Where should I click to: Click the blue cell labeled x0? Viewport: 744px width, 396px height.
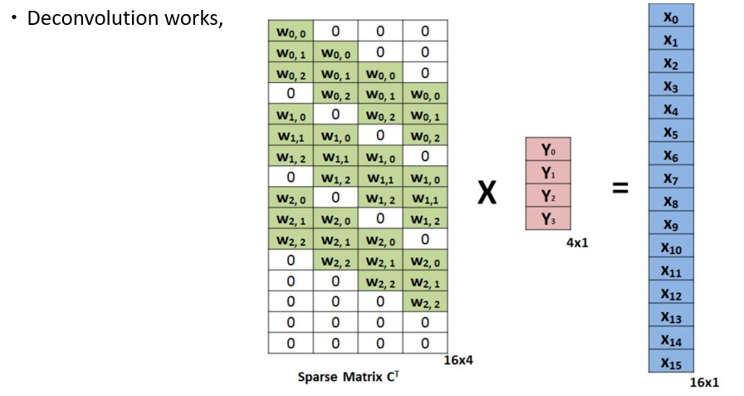coord(671,16)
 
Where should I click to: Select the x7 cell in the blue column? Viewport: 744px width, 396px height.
coord(671,178)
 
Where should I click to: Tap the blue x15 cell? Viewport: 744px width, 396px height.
coord(671,361)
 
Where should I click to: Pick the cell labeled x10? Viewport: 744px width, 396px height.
coord(671,246)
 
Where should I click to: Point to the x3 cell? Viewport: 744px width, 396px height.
coord(671,86)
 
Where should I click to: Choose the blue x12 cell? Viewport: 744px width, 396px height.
coord(671,292)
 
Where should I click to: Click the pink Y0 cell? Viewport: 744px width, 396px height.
coord(548,149)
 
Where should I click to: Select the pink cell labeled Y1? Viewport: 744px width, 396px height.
coord(548,173)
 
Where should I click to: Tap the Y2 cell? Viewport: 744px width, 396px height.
coord(548,195)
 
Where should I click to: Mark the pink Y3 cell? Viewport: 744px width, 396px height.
coord(548,218)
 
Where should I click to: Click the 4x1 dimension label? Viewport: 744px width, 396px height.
coord(577,242)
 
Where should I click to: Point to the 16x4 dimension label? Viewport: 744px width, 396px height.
coord(458,360)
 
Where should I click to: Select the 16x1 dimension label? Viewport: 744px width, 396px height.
coord(705,382)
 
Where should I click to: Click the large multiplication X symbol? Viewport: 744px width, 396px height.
coord(487,193)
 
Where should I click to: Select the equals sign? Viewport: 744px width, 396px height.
coord(620,188)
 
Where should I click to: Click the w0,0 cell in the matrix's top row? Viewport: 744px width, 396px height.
coord(291,32)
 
